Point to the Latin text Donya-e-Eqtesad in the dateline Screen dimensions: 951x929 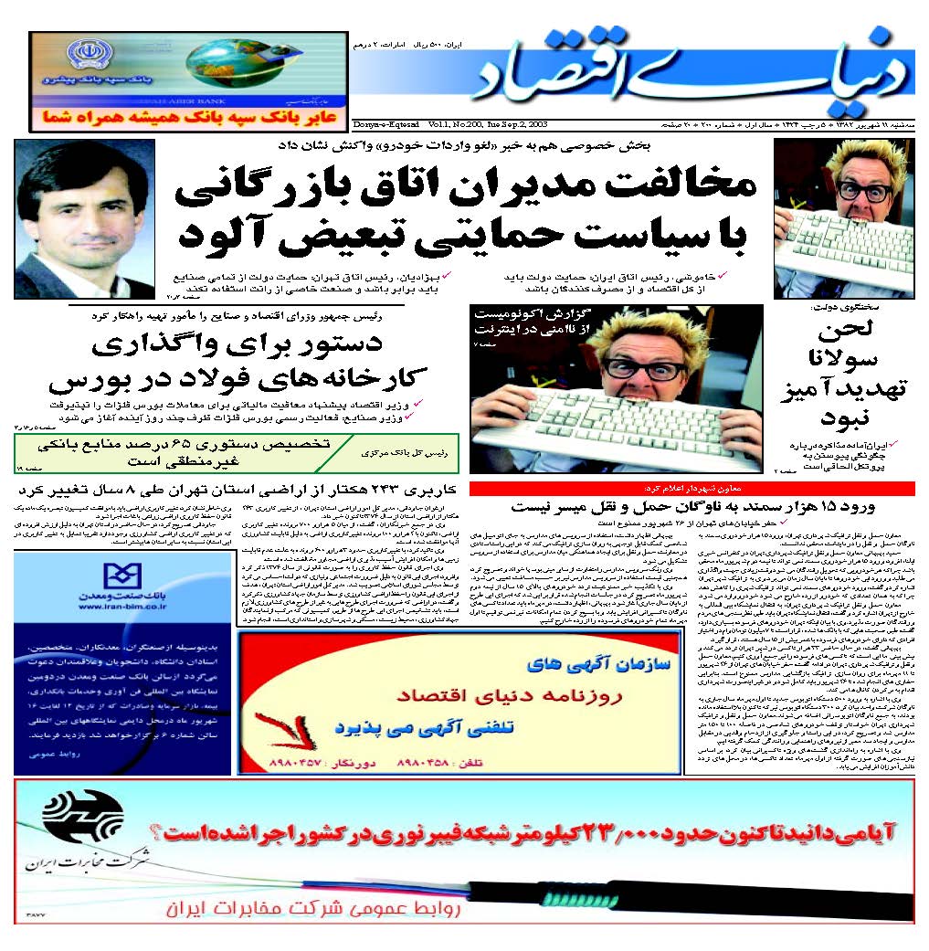(x=383, y=123)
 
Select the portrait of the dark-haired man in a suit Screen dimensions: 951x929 (x=85, y=218)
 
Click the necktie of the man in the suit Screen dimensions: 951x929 (x=87, y=280)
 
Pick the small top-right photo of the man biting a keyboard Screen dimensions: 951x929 (x=843, y=219)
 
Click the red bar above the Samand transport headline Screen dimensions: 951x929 (x=691, y=488)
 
